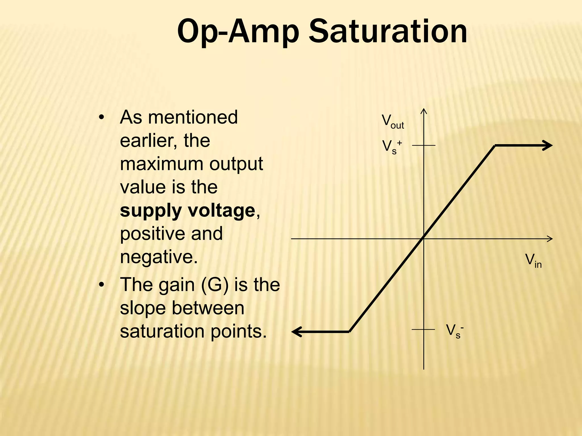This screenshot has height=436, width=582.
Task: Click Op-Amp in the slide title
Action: pos(238,32)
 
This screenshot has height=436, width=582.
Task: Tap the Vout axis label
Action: pos(392,122)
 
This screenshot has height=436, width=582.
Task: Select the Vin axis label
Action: pos(533,261)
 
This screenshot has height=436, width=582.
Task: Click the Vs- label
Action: pos(454,331)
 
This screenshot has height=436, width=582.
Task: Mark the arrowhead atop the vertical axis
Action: pos(424,111)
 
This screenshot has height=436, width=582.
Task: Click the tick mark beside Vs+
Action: pos(424,145)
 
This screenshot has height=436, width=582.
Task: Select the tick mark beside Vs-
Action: pos(423,329)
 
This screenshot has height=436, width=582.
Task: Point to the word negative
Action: pos(159,257)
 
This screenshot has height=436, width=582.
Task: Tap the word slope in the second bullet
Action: pos(142,308)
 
